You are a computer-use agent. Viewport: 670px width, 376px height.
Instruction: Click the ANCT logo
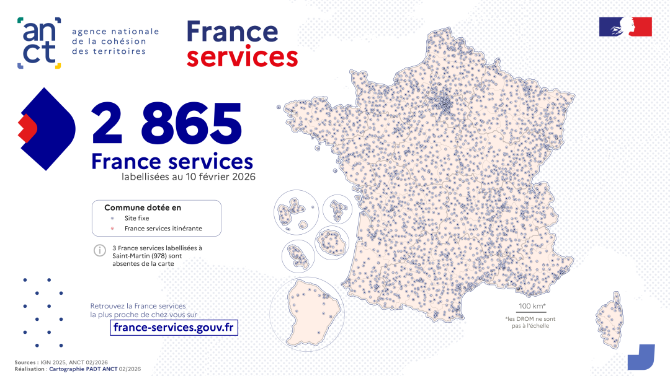coord(38,43)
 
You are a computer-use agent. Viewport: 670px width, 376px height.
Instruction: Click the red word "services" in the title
coord(242,57)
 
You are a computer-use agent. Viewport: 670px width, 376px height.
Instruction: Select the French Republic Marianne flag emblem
coord(625,27)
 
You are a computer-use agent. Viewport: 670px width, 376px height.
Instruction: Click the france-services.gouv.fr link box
coord(174,327)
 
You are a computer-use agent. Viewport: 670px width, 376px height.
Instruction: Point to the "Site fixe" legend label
coord(136,218)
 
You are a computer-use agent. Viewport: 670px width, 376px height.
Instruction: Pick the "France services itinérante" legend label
coord(163,229)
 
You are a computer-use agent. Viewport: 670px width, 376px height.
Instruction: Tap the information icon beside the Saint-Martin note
coord(99,251)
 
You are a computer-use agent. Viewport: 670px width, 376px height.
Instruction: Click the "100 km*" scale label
coord(532,306)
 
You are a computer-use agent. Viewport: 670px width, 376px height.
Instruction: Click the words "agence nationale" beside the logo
coord(115,32)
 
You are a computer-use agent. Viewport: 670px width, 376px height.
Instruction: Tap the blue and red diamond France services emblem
coord(46,128)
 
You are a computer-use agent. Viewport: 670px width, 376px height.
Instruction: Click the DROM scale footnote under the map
coord(530,322)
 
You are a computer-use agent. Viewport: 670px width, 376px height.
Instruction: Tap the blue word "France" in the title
coord(232,31)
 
